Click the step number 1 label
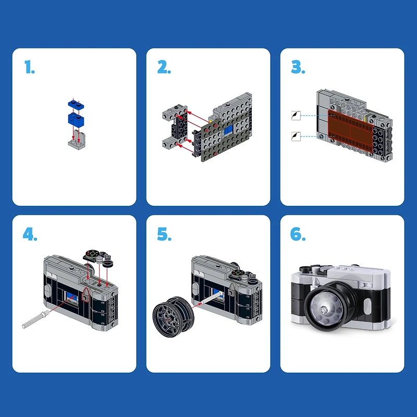[29, 67]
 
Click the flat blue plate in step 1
[74, 103]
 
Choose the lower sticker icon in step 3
[296, 137]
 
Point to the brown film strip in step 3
[350, 128]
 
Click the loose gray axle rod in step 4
[36, 319]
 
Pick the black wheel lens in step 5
[170, 317]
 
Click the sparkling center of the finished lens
[324, 308]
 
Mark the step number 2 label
[164, 67]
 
